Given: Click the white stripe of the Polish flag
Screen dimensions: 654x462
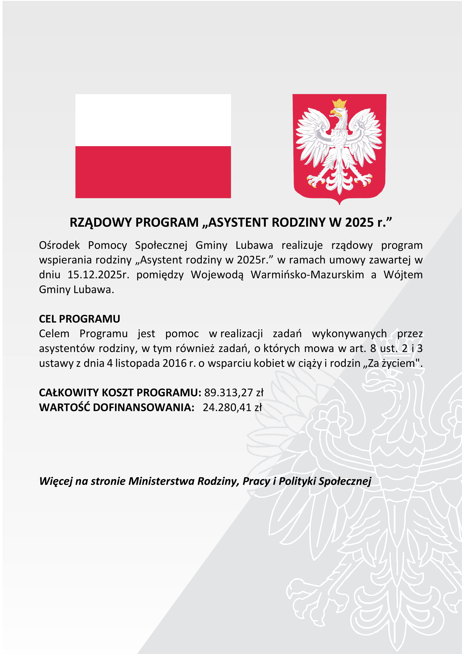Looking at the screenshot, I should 153,120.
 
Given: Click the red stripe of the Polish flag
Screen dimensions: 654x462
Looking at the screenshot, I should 153,172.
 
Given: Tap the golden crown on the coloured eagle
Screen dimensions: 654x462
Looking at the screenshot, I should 340,103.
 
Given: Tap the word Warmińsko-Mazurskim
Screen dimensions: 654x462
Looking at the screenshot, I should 307,275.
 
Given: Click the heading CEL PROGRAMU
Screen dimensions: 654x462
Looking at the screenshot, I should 79,319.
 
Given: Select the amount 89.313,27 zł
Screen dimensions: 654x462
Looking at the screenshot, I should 234,393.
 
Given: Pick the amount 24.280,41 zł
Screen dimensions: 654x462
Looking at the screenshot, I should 232,407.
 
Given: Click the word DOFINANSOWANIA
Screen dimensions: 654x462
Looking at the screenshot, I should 143,407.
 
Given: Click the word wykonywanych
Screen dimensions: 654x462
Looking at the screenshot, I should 349,334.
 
